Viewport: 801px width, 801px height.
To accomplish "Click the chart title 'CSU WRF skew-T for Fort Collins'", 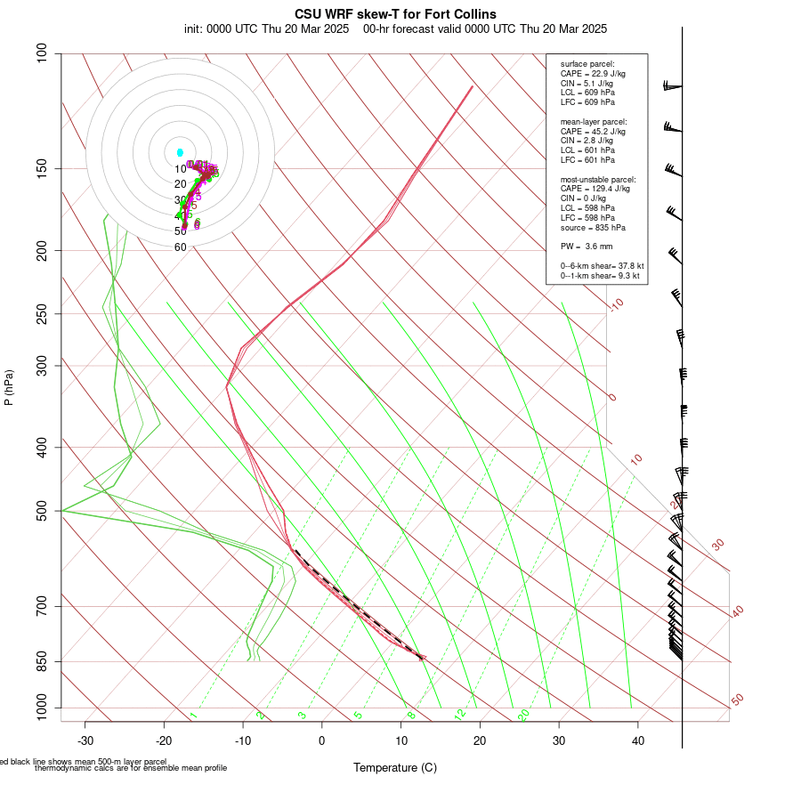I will click(395, 14).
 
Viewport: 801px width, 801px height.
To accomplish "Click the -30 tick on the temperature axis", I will click(85, 740).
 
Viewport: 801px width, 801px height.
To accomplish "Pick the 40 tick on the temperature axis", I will click(638, 740).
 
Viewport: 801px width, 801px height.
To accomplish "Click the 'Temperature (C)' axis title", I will click(394, 767).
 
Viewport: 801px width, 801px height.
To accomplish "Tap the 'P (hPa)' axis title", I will click(9, 387).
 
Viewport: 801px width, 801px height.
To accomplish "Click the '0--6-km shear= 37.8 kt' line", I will click(603, 266).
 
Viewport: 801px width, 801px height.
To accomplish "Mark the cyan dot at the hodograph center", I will click(180, 153).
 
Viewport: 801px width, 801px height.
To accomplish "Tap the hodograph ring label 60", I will click(181, 247).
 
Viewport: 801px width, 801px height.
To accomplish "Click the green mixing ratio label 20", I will click(523, 715).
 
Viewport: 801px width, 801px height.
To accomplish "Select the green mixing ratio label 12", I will click(460, 715).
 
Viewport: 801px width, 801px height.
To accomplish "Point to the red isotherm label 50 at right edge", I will click(737, 700).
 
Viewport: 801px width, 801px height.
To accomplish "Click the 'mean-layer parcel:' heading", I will click(594, 121).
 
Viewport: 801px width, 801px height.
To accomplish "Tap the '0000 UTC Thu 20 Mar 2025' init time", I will click(279, 28).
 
